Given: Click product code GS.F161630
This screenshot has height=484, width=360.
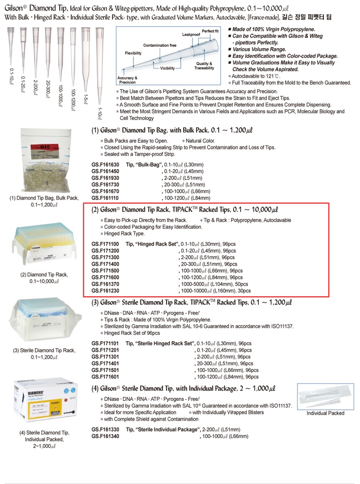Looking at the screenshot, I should tap(105, 165).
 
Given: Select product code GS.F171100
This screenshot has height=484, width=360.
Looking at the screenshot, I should tap(105, 244).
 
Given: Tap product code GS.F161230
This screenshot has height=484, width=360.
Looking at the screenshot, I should tap(105, 291).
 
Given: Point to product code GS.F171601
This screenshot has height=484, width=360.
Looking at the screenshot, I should tap(105, 377).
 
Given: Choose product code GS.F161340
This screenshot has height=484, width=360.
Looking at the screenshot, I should tap(105, 436).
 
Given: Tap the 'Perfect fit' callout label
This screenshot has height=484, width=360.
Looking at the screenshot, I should tap(210, 31).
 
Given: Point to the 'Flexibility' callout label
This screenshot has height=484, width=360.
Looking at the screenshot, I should tap(133, 53).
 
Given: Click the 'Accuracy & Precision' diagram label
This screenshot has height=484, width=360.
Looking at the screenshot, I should tap(127, 80).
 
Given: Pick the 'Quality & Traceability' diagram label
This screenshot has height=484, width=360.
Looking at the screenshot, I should tap(204, 66).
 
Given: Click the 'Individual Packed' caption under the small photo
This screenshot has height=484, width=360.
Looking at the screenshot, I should tap(325, 413).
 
